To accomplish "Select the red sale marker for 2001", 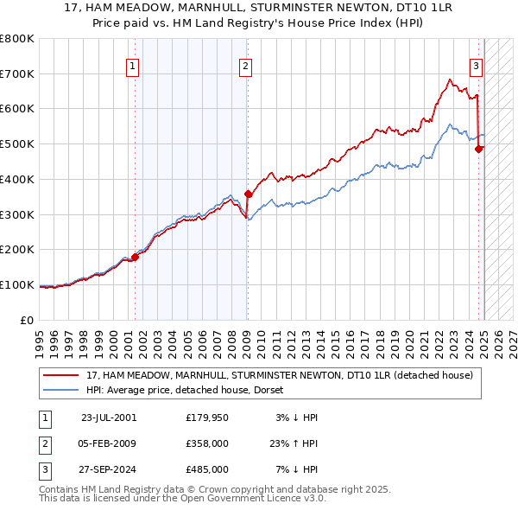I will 135,257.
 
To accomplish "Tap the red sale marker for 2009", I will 248,194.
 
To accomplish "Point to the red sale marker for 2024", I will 479,149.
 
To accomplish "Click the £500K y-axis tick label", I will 17,143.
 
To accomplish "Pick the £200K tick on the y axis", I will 17,249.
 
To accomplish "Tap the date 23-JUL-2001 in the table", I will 109,418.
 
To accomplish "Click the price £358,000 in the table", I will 207,443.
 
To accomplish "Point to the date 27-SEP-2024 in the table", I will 109,469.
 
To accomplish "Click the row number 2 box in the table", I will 44,443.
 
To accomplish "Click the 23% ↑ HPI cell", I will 294,443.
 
